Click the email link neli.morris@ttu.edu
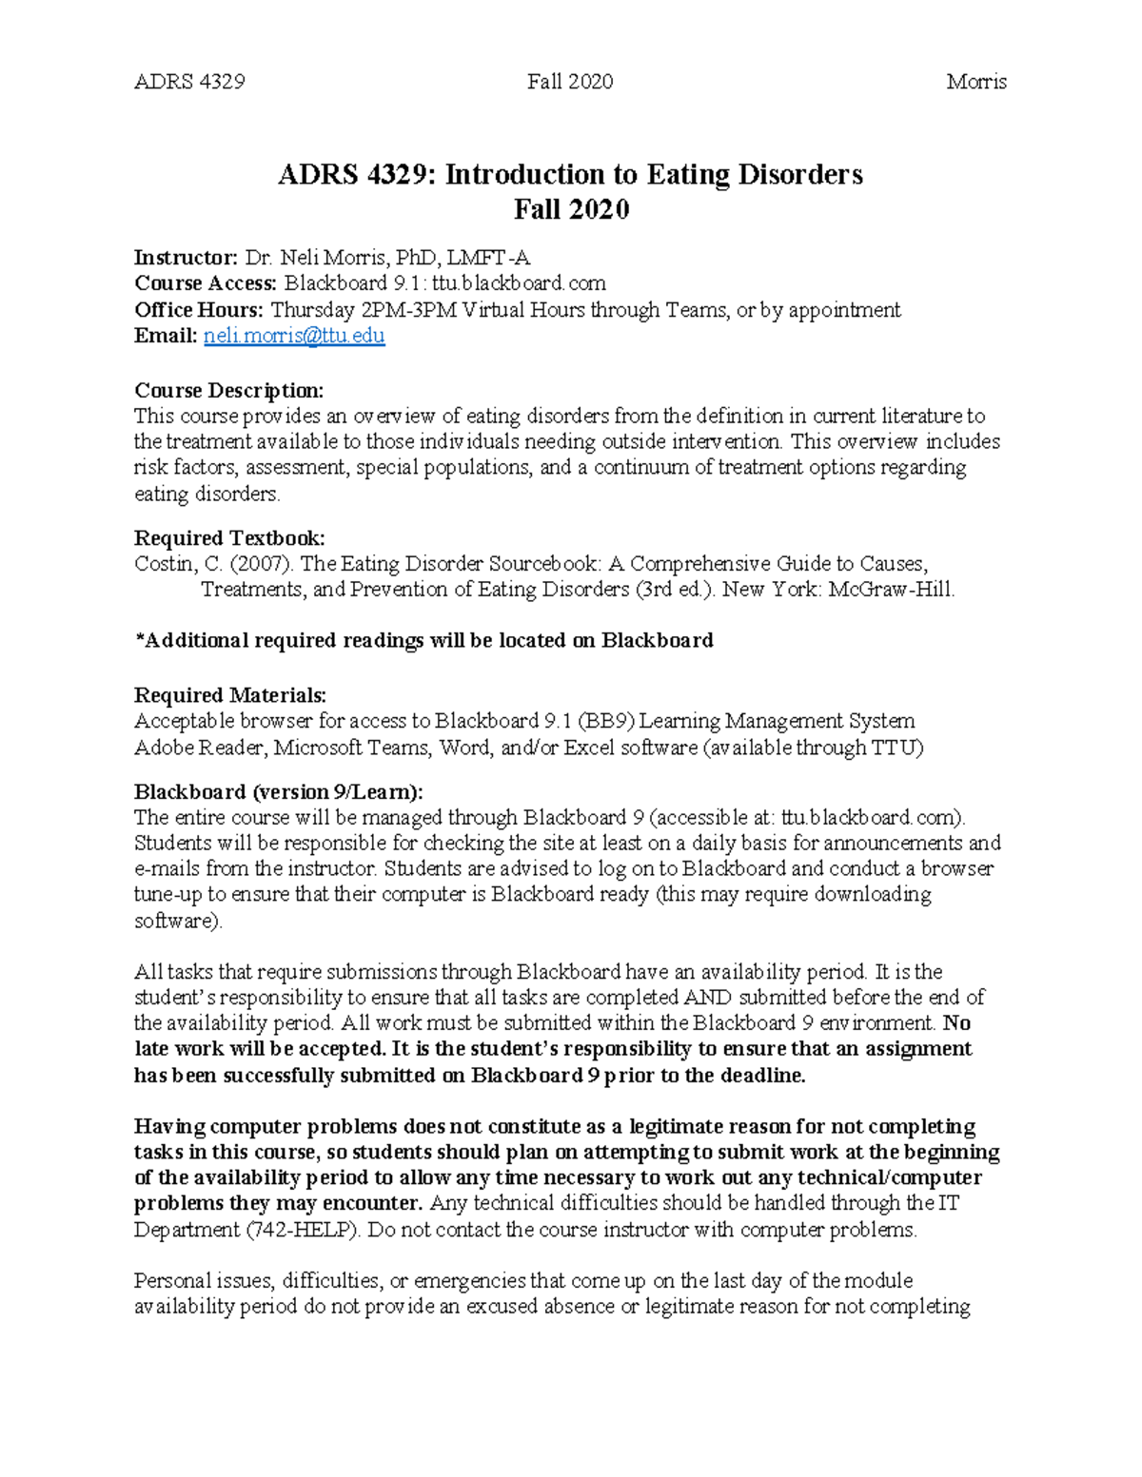point(294,336)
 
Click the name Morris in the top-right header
point(976,82)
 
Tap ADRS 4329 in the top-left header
point(189,82)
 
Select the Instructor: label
point(186,258)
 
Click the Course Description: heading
point(228,390)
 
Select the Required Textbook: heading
point(229,538)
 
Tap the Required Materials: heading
point(229,695)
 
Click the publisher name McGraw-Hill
point(891,590)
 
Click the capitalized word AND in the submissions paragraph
point(709,998)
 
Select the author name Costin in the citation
point(164,564)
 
